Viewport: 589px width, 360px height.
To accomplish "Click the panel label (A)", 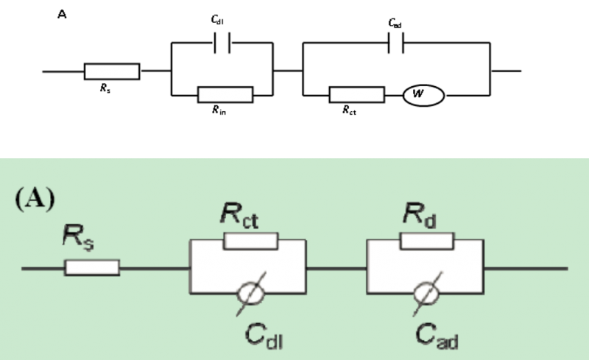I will point(35,200).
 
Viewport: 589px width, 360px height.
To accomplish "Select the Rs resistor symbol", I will point(92,268).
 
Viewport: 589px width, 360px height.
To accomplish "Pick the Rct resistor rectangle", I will point(250,241).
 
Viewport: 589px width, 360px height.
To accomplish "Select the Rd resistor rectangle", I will point(427,241).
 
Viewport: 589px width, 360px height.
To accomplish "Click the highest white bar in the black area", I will point(112,71).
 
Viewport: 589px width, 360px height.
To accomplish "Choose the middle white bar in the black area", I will point(225,94).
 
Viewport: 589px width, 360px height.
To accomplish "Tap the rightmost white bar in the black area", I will point(357,94).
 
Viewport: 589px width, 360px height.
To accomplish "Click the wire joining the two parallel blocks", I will point(336,268).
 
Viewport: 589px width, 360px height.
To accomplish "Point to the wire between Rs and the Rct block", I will point(155,268).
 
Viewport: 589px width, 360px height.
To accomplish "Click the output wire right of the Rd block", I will point(526,268).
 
